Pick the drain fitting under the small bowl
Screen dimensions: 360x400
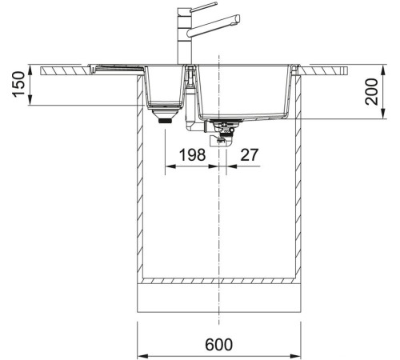tap(166, 118)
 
